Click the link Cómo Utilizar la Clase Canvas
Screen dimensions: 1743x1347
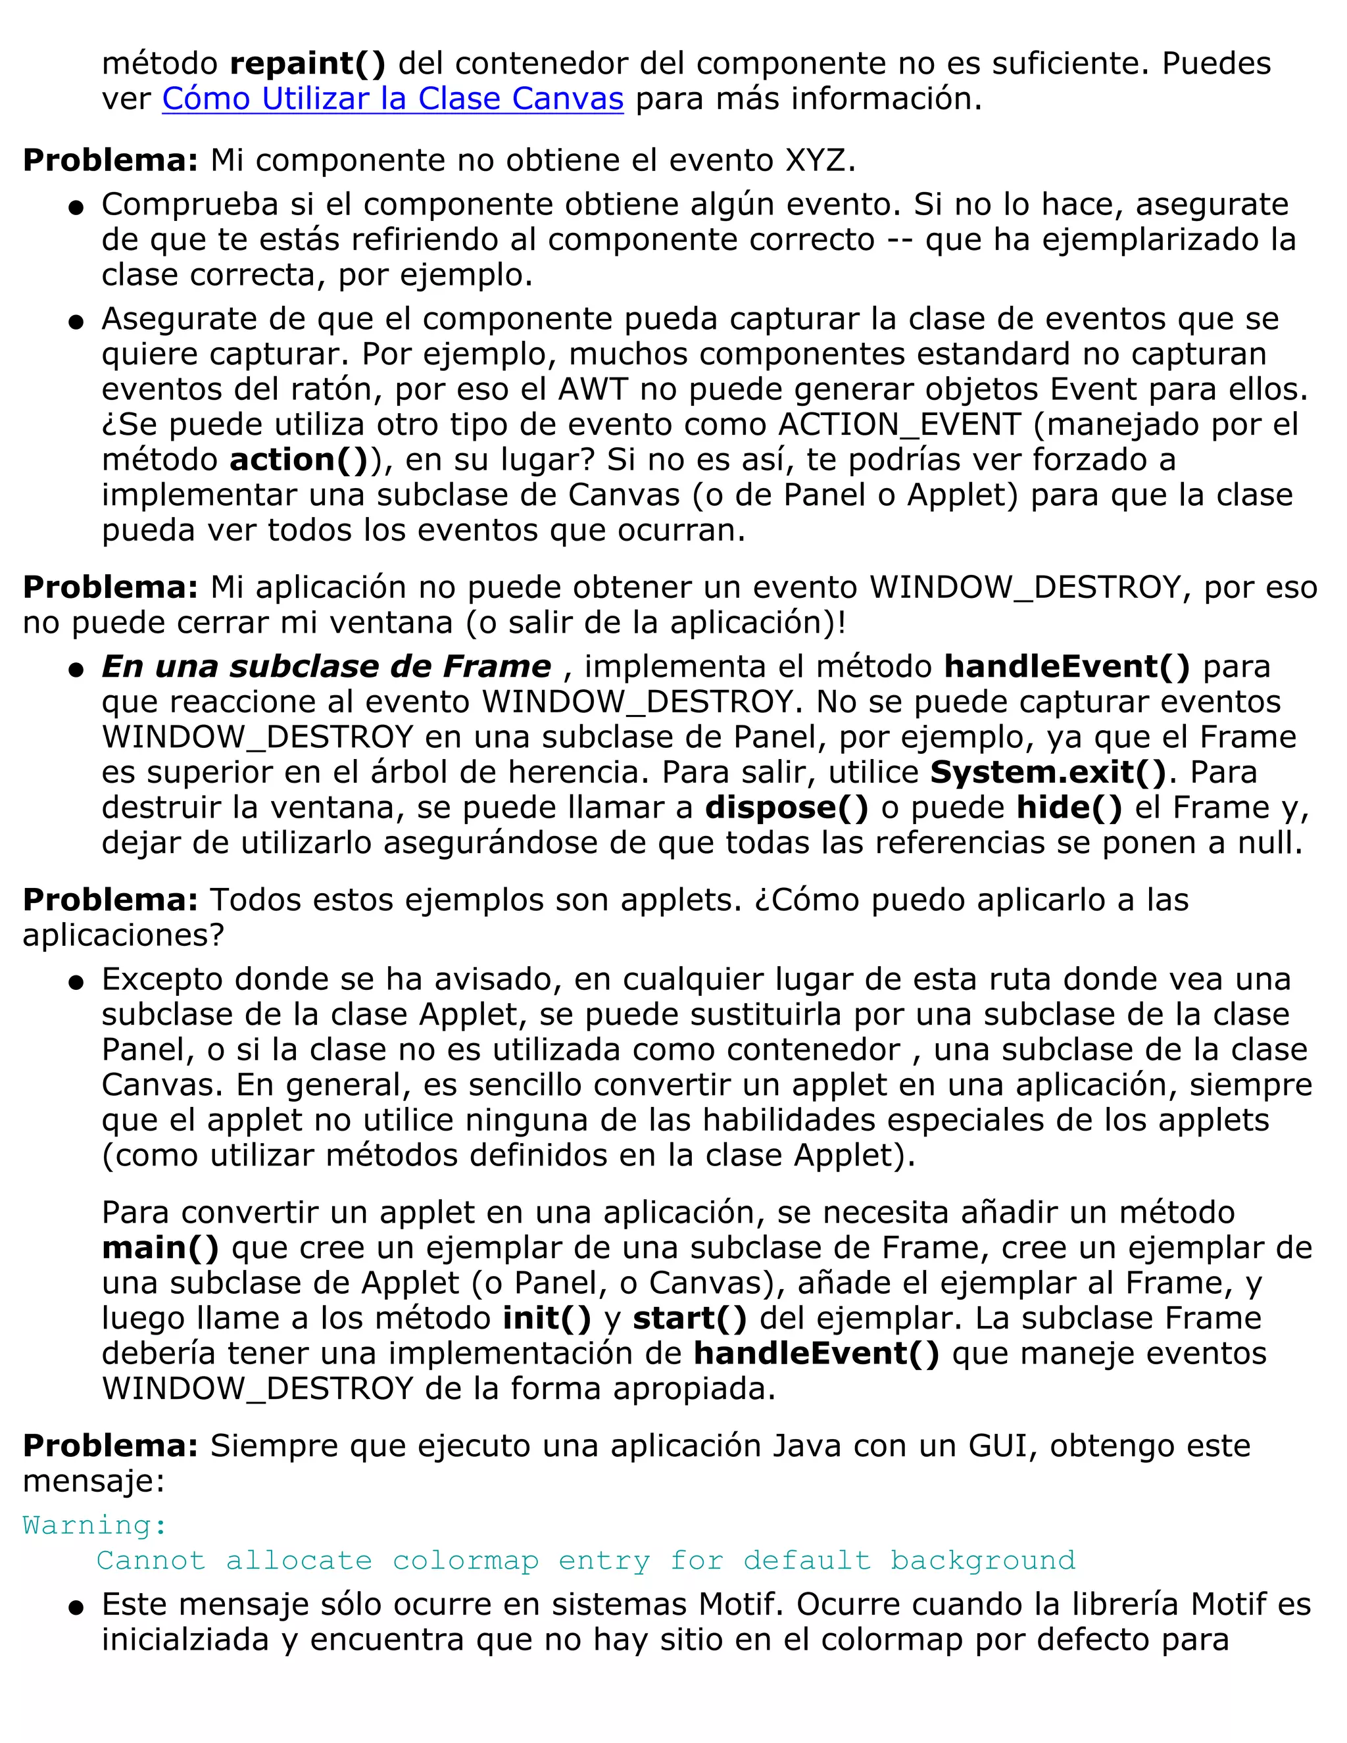[x=393, y=99]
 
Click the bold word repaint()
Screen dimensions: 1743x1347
[x=307, y=64]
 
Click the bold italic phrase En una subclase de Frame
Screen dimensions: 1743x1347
[x=326, y=666]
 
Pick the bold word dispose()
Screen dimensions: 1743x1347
[x=786, y=808]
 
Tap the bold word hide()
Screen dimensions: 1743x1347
[x=1069, y=808]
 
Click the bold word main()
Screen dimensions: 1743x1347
[x=160, y=1247]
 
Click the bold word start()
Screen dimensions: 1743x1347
[x=689, y=1317]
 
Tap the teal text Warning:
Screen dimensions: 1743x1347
[x=95, y=1525]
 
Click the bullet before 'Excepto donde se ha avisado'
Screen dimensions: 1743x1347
[x=76, y=983]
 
